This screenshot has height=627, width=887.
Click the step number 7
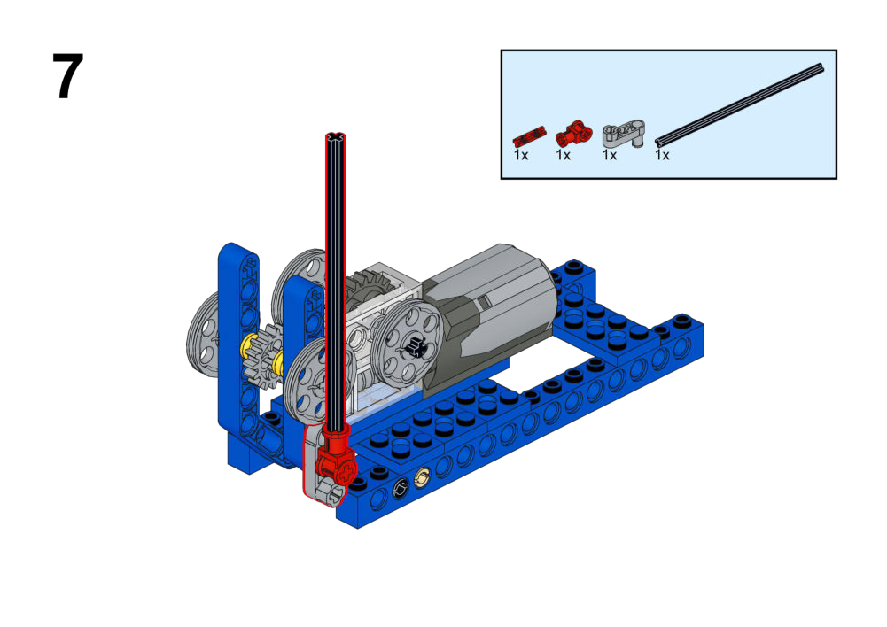tap(68, 76)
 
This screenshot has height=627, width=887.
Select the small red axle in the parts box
tap(529, 136)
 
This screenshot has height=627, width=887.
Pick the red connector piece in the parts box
tap(574, 134)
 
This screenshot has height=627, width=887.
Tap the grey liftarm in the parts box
tap(624, 134)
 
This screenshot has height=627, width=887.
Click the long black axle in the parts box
tap(739, 104)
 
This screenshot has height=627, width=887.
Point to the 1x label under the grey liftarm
tap(610, 155)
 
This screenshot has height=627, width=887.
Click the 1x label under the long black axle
tap(662, 155)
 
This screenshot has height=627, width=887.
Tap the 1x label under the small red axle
tap(520, 155)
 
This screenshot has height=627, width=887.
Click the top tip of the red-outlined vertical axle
tap(336, 135)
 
